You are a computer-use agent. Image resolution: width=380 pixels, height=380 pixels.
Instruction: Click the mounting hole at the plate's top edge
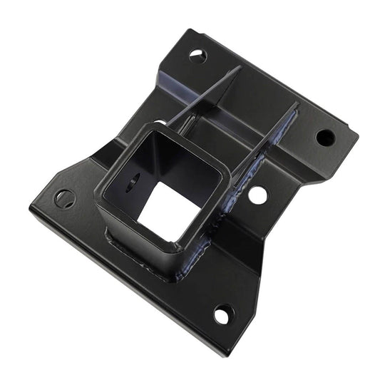198,55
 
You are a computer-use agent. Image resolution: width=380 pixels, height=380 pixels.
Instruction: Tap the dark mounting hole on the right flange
324,137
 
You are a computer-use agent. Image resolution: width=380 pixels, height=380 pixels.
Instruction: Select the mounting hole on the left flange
65,199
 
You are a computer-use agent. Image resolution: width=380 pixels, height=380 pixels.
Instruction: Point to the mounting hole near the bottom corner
223,314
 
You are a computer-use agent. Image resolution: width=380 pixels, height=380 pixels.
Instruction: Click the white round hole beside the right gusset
258,195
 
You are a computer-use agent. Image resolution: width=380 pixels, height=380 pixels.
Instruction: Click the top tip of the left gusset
237,68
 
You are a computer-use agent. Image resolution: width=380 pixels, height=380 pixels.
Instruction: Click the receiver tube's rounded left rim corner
100,192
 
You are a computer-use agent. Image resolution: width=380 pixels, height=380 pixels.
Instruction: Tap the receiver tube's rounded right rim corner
226,168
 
